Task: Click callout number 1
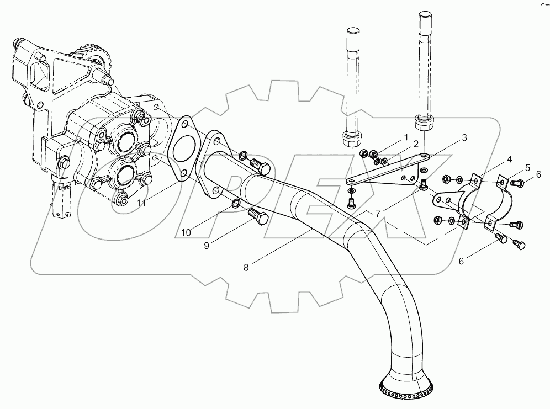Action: tap(405, 135)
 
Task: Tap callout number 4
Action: tap(510, 160)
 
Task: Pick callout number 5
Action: tap(528, 167)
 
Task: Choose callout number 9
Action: tap(206, 246)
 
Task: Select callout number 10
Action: tap(187, 232)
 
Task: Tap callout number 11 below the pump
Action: tap(142, 203)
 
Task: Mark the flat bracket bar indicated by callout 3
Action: tap(387, 174)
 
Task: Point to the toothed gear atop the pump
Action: tap(93, 55)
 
